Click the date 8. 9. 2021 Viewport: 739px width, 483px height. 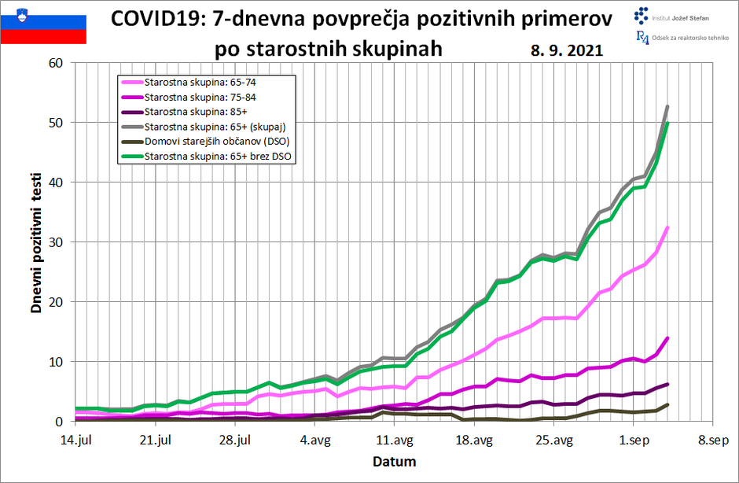(567, 50)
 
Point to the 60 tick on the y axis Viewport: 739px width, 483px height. (55, 63)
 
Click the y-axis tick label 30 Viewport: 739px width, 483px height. (55, 242)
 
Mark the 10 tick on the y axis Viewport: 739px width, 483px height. (55, 362)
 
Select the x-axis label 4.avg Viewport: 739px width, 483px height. (315, 441)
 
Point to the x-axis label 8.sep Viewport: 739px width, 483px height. (713, 441)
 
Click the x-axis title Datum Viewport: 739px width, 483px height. (394, 462)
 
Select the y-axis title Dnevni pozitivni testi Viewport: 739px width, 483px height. (36, 243)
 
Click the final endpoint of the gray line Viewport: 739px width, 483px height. (667, 106)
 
